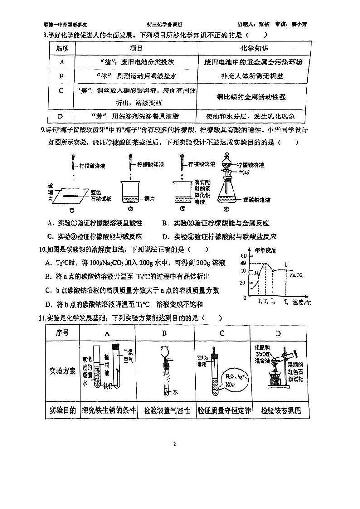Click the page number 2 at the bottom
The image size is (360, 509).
pos(174,443)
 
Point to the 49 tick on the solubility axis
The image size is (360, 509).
pos(243,264)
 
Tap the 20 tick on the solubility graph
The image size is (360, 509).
pos(243,282)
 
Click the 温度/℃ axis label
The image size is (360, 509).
pos(302,302)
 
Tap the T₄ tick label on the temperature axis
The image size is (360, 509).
pos(286,302)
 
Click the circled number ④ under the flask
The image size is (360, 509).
pos(226,209)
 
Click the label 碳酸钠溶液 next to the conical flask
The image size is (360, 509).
pos(257,200)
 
